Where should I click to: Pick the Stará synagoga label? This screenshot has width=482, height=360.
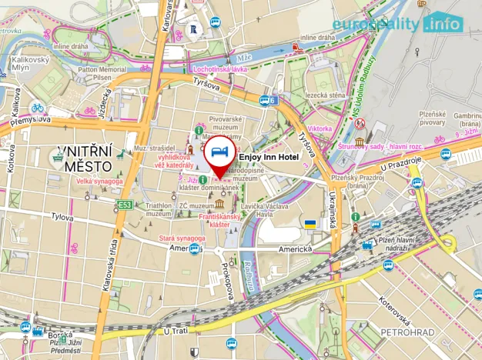[x=182, y=238]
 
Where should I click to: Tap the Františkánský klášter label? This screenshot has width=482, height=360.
[x=220, y=221]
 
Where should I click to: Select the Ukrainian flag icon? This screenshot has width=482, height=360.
[x=310, y=224]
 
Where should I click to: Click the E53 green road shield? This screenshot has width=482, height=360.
[x=125, y=205]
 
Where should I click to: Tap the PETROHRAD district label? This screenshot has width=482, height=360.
[x=408, y=332]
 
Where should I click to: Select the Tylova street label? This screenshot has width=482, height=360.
[x=39, y=218]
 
